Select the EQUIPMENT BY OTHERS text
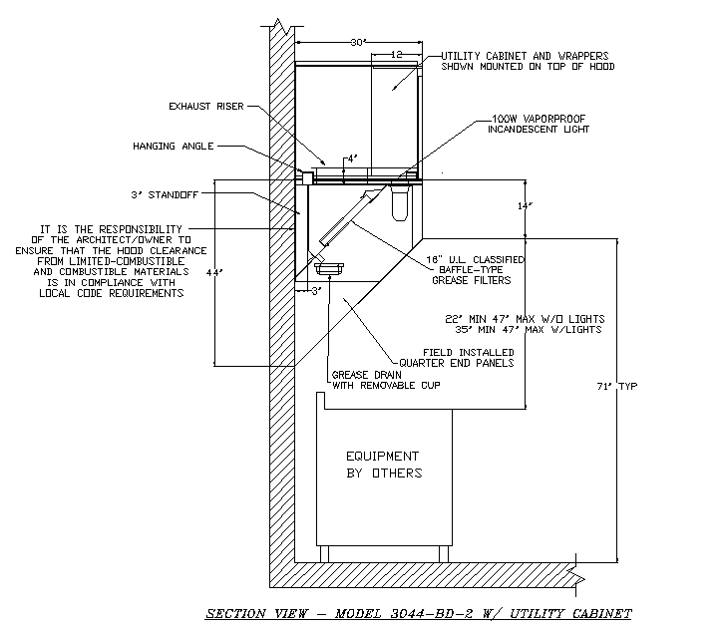point(384,464)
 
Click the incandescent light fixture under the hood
point(402,204)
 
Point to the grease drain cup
point(328,268)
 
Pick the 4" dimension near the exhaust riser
point(350,158)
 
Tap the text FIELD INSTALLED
point(469,353)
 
